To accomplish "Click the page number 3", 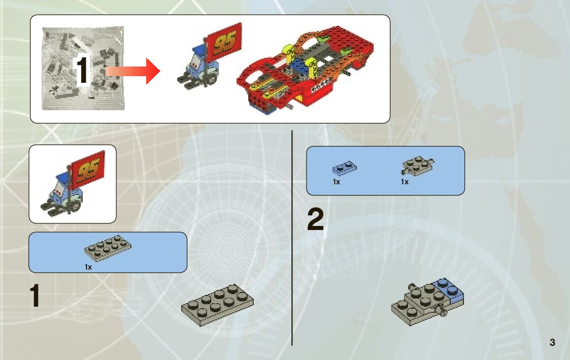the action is pyautogui.click(x=552, y=342).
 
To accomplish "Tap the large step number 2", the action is pyautogui.click(x=315, y=221).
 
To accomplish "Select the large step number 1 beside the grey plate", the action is pyautogui.click(x=35, y=297).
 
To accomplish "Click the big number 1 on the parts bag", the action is pyautogui.click(x=83, y=72).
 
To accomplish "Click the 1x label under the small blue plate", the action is pyautogui.click(x=337, y=182).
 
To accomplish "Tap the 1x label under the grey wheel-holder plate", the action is pyautogui.click(x=405, y=182).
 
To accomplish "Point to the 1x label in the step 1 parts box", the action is pyautogui.click(x=88, y=266).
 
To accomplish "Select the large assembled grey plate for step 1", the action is pyautogui.click(x=218, y=304).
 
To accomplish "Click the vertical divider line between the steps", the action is pyautogui.click(x=292, y=239).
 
